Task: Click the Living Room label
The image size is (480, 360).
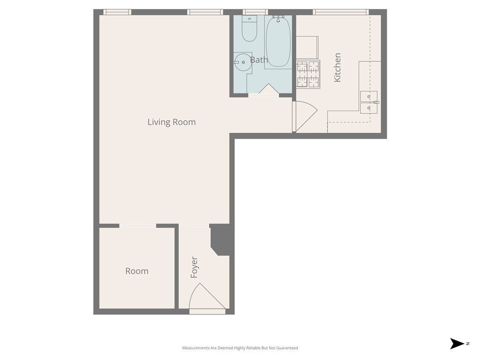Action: (x=172, y=122)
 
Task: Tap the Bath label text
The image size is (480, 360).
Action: (x=259, y=60)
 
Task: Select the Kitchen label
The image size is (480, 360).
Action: (x=337, y=67)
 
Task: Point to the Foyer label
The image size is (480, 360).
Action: (x=194, y=267)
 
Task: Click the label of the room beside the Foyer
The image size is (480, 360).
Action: (x=137, y=271)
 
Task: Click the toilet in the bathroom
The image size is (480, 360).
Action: (x=249, y=28)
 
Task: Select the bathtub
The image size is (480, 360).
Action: (x=278, y=41)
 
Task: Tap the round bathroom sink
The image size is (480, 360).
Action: (x=242, y=62)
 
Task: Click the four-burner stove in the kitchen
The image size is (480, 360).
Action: (x=308, y=74)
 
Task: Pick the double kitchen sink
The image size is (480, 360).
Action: (x=368, y=102)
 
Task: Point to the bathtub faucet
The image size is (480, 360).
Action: (x=278, y=18)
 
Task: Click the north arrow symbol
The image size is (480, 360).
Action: (x=457, y=344)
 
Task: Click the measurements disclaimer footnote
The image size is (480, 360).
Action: (x=240, y=348)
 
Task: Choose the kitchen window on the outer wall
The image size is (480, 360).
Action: (x=341, y=12)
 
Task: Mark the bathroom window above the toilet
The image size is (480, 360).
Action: (x=255, y=12)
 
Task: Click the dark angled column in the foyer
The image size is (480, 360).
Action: (x=220, y=239)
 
